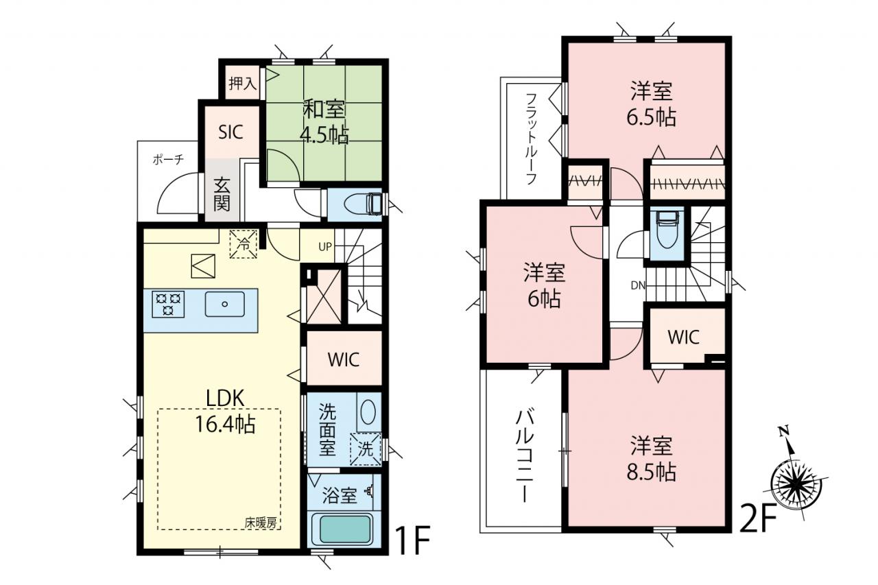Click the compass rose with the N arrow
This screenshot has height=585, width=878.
[796, 486]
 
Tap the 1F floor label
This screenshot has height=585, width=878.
[413, 540]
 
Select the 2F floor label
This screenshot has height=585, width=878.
[758, 518]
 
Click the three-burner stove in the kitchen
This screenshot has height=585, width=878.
[168, 304]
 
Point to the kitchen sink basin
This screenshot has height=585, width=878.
[224, 304]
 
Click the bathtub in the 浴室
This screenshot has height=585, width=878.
[345, 529]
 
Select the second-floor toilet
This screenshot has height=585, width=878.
[667, 229]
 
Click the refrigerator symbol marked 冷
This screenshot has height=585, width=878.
[244, 244]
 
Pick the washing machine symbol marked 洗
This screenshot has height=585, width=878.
[366, 449]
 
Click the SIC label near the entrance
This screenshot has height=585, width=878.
[230, 132]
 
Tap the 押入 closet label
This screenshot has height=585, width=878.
[243, 83]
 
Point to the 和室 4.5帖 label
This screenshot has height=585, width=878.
[324, 122]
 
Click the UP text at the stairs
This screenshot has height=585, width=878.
[325, 246]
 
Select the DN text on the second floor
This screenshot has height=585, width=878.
[638, 286]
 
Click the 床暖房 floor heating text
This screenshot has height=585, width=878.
[261, 523]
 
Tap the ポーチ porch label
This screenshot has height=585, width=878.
[168, 160]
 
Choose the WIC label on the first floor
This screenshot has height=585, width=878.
[344, 359]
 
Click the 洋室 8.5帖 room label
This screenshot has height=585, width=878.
[652, 458]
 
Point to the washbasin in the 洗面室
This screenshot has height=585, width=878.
[368, 411]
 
